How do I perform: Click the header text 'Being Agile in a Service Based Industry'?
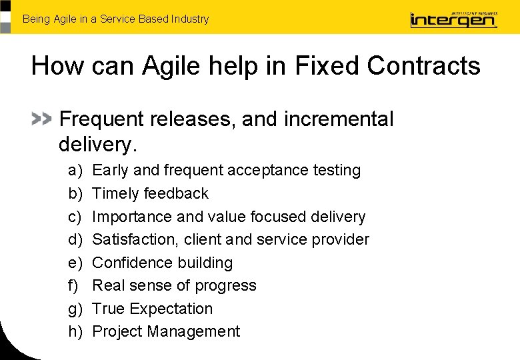115,19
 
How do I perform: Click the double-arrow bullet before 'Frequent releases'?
41,119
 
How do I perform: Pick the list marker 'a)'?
75,171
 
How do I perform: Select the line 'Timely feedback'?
150,193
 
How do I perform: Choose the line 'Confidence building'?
162,263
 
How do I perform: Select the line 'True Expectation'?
152,309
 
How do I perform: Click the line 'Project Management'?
166,331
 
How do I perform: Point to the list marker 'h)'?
75,331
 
